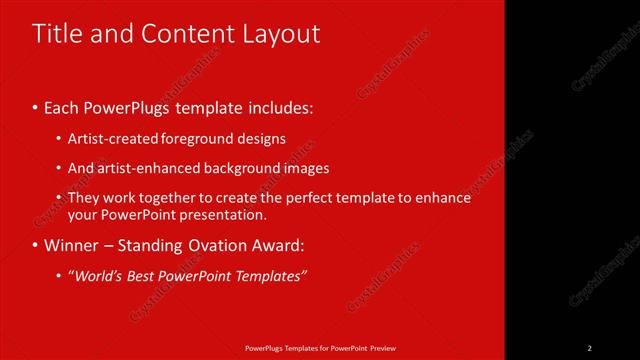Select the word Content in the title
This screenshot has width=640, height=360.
183,34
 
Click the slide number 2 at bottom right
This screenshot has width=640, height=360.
590,348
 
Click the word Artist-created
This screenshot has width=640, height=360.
109,139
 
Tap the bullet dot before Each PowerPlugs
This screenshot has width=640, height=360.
35,106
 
